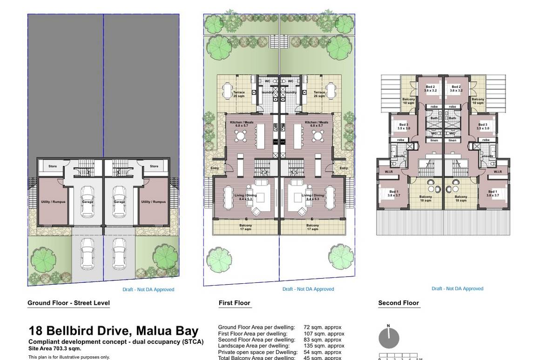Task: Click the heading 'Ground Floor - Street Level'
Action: (x=68, y=303)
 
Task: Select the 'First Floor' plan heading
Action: (x=235, y=303)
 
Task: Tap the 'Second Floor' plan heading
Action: (x=398, y=303)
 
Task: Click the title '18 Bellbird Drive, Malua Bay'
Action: (x=114, y=331)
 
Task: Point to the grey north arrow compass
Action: (x=389, y=338)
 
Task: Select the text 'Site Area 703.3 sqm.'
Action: (x=55, y=348)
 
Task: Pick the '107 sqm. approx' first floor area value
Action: (x=324, y=333)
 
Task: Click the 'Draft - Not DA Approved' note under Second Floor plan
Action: (x=457, y=288)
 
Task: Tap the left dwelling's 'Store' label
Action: (x=53, y=166)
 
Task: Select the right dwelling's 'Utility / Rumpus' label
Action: (x=153, y=202)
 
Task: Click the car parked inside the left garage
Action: (x=88, y=202)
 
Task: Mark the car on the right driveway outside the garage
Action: (x=119, y=253)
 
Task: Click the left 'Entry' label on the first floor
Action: (x=215, y=168)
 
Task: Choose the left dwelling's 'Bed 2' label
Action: (x=431, y=88)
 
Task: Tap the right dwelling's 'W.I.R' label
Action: (x=498, y=172)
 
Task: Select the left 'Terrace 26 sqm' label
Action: (x=239, y=94)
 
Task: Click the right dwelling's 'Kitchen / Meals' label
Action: (x=317, y=124)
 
